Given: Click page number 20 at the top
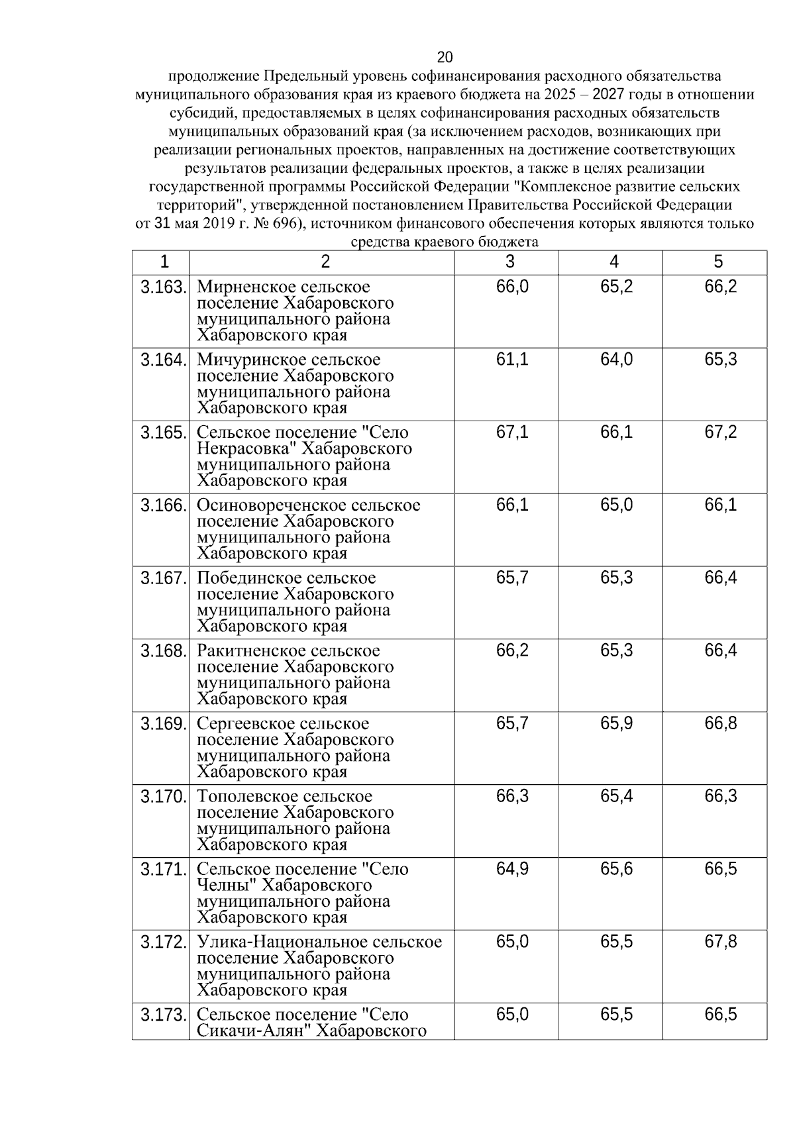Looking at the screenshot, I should point(445,57).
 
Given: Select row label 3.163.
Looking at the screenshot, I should point(163,287).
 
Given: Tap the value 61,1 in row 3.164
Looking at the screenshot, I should point(512,360).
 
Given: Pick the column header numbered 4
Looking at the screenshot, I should point(613,262).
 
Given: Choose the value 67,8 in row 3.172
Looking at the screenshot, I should point(720,942).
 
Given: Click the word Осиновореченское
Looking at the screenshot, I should point(272,505).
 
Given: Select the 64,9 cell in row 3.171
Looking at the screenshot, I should point(512,869).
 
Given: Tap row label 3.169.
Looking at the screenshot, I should point(163,724).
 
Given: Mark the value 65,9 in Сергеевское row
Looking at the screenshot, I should point(616,724).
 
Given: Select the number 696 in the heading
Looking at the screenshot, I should point(280,224).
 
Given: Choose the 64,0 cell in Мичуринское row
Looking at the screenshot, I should point(616,360).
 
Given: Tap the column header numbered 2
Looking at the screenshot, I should point(325,262).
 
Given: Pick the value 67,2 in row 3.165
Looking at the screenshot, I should point(720,433).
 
